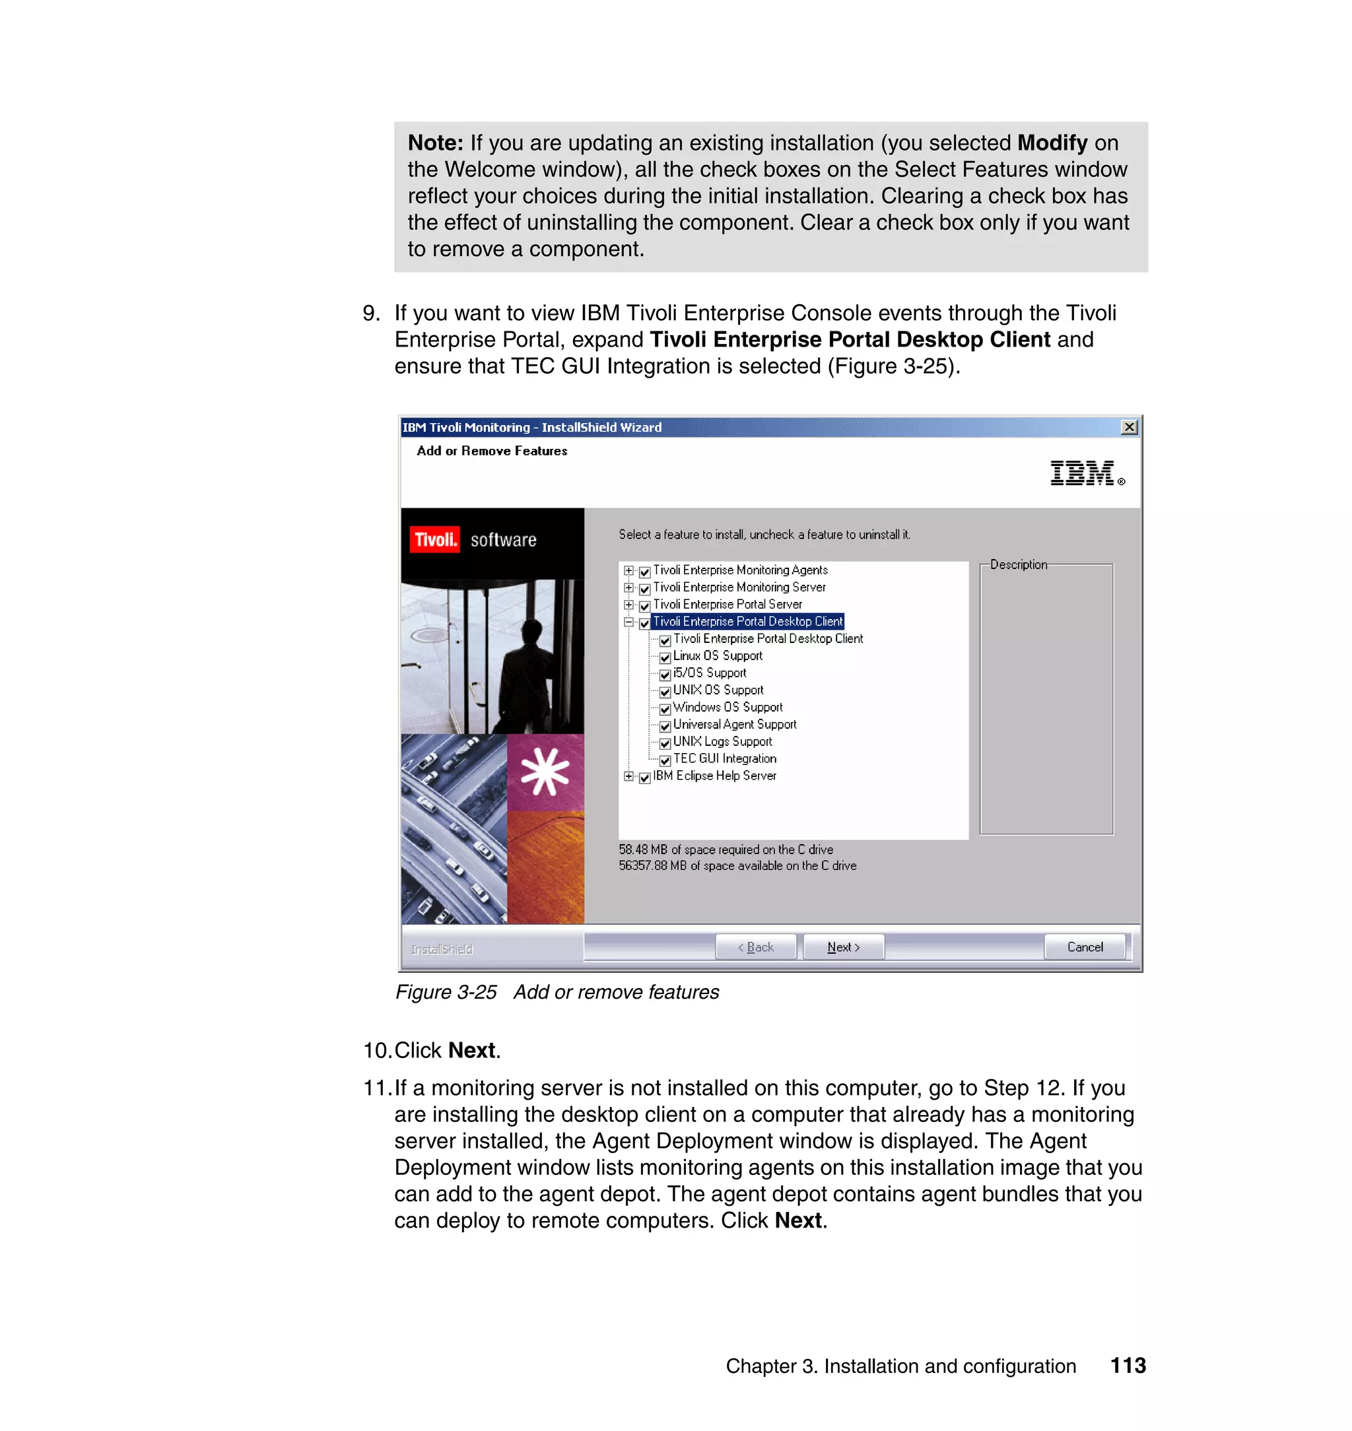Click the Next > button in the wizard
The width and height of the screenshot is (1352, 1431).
[x=842, y=947]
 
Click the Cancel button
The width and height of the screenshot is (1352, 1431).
[x=1084, y=947]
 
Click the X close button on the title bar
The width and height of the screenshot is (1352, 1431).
[x=1129, y=427]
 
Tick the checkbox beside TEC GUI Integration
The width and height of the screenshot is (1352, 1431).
[x=665, y=760]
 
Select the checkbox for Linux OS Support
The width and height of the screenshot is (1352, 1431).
[x=665, y=657]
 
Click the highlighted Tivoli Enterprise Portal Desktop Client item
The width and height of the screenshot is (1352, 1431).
[x=747, y=621]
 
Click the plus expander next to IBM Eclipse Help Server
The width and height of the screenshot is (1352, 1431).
[x=628, y=776]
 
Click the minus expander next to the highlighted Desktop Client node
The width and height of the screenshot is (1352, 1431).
[x=628, y=622]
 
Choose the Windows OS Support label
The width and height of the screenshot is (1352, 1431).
[x=727, y=707]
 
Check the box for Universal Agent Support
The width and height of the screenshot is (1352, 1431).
[x=665, y=725]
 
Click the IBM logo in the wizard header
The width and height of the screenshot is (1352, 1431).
[x=1083, y=473]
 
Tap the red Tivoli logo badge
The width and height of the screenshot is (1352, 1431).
[x=434, y=540]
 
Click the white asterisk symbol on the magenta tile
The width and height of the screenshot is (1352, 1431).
[x=545, y=772]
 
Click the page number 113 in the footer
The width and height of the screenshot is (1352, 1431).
[x=1127, y=1366]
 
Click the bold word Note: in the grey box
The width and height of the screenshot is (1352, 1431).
[x=435, y=143]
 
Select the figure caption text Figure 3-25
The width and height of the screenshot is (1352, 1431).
[x=446, y=992]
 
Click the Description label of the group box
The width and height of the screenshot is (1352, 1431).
[x=1017, y=564]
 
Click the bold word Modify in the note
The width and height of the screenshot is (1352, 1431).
[x=1052, y=143]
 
